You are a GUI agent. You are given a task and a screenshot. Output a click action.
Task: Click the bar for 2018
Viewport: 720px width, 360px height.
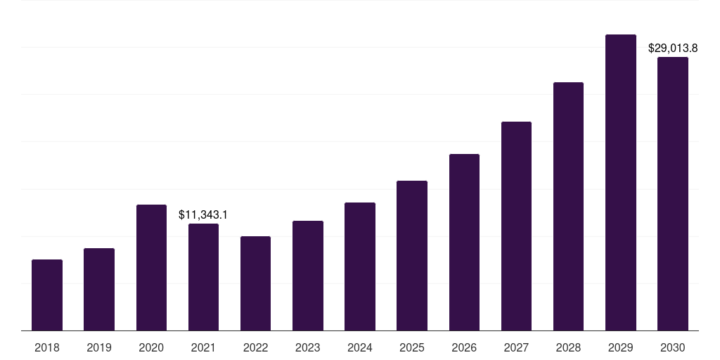pos(47,295)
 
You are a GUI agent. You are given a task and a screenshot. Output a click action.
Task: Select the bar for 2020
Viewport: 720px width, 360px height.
pos(151,268)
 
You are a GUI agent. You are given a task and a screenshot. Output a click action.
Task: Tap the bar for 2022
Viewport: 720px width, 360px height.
pos(255,283)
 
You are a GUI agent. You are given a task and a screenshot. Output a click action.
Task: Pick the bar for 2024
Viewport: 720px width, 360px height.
pos(360,266)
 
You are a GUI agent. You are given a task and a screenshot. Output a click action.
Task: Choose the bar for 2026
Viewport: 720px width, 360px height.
pos(464,243)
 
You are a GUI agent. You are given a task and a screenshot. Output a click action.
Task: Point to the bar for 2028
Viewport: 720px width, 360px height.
pos(568,207)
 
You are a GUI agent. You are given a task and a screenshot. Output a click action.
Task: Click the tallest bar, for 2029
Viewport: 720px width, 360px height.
pos(620,183)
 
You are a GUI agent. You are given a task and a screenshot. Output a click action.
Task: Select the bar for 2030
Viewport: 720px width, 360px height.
pos(673,194)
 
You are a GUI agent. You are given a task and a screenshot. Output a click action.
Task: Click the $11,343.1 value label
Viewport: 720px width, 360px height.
pos(203,214)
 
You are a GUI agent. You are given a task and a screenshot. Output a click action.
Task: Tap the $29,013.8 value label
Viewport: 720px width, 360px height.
pos(673,49)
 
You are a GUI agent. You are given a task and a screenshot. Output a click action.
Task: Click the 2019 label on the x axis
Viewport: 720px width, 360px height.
pos(99,347)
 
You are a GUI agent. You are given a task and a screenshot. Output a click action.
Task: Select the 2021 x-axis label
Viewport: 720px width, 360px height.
pos(203,347)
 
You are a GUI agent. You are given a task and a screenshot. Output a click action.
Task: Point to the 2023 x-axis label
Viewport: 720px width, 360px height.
pos(308,347)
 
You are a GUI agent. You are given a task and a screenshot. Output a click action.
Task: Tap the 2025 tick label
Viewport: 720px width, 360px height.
pos(412,347)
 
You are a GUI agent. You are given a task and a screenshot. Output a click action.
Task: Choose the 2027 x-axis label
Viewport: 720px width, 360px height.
pos(516,347)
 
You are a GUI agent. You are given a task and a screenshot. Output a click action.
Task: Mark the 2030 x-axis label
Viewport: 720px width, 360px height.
pos(673,347)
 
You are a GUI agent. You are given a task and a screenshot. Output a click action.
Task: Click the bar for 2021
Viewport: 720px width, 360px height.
pos(203,277)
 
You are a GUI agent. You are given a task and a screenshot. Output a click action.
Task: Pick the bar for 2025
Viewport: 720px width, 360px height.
pos(412,256)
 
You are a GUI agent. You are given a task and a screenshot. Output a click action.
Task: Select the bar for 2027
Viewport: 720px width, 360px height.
pos(516,226)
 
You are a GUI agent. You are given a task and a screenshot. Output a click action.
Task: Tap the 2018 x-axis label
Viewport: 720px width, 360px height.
pos(47,347)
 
